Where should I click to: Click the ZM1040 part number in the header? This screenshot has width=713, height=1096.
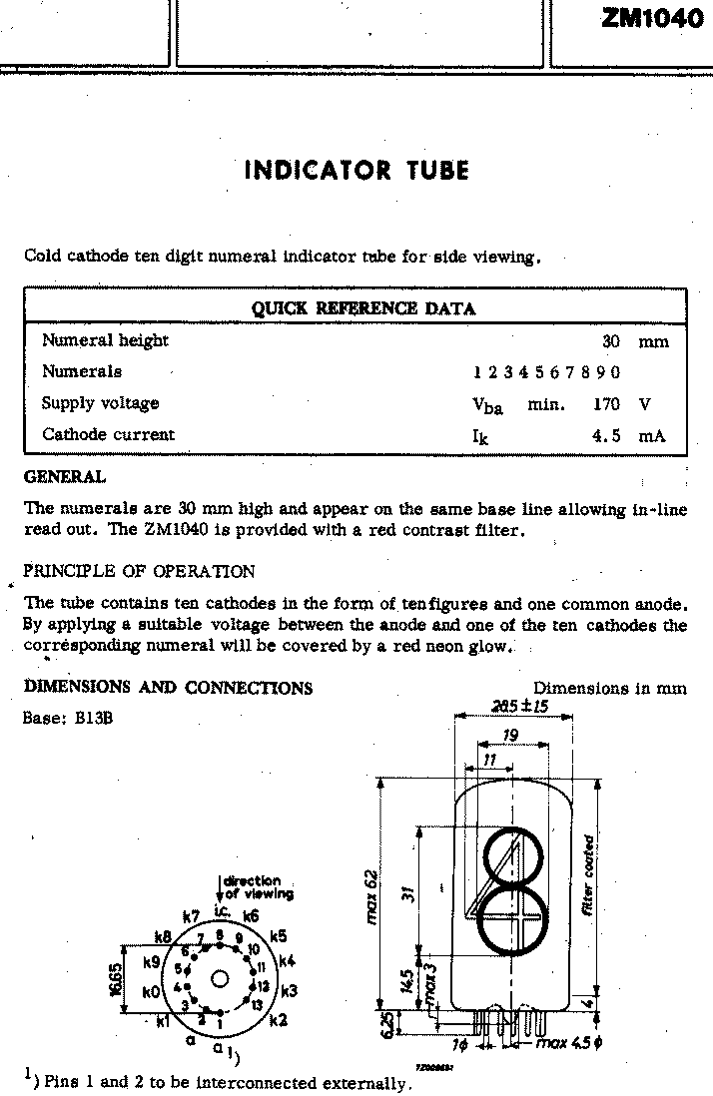point(652,17)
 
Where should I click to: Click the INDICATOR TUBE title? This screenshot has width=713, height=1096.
point(356,170)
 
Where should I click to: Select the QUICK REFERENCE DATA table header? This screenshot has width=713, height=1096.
point(362,308)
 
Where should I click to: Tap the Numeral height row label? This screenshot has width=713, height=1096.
point(105,341)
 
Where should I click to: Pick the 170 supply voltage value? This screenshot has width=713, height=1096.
point(606,404)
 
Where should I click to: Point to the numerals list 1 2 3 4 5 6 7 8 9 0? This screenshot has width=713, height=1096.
point(546,372)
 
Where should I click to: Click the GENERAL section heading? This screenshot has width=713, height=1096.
point(64,477)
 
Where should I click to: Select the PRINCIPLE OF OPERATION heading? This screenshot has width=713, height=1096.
point(139,572)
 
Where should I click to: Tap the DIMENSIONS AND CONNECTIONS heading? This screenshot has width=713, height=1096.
point(168,688)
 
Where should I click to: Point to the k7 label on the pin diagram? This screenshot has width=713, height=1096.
point(191,916)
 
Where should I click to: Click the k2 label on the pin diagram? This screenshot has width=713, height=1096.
point(278,1020)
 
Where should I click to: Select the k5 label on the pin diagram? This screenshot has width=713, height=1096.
point(278,936)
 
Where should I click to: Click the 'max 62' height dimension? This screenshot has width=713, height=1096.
point(371,895)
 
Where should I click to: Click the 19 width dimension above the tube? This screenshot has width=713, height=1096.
point(509,736)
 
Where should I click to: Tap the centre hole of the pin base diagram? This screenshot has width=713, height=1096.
point(220,977)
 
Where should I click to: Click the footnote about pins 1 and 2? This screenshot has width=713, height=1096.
point(218,1082)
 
